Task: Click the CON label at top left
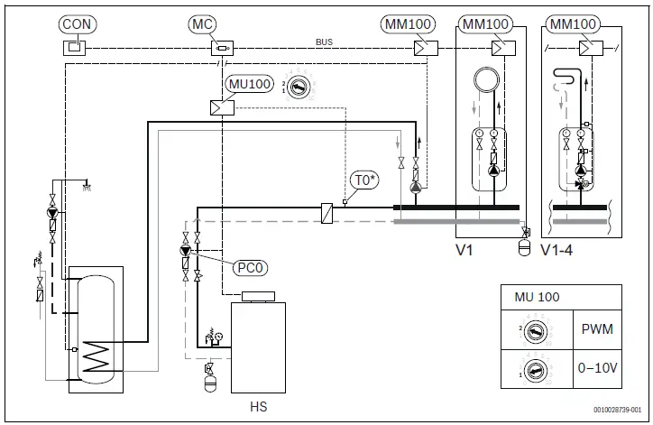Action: click(x=78, y=22)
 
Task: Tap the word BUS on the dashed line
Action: click(x=324, y=42)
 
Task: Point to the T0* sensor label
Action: click(x=363, y=180)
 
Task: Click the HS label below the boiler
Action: click(x=258, y=407)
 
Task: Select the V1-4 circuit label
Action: click(x=556, y=250)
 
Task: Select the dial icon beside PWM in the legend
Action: click(x=535, y=330)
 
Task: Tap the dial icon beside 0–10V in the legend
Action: click(x=535, y=368)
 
